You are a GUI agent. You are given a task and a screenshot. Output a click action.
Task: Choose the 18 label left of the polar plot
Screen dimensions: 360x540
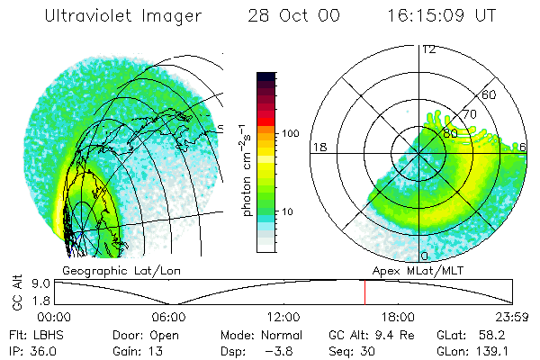tap(318, 147)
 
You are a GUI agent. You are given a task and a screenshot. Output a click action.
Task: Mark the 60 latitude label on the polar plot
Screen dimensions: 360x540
tap(490, 94)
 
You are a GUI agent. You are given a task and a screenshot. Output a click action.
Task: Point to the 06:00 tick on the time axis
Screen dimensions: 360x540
tap(169, 317)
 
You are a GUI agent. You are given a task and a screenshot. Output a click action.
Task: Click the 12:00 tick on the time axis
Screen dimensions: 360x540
tap(283, 317)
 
